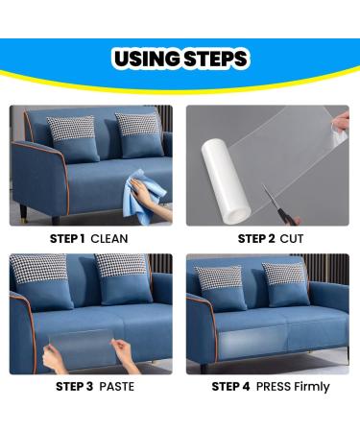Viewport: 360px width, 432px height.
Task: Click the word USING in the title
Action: [x=147, y=59]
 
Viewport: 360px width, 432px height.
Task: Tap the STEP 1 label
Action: [x=67, y=239]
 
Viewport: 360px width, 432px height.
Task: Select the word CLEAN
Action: [x=109, y=239]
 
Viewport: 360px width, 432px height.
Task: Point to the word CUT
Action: [x=292, y=239]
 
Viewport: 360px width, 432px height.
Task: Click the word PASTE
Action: [x=116, y=387]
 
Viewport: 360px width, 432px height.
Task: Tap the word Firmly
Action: [x=311, y=387]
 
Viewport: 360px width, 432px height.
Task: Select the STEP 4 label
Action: [x=230, y=387]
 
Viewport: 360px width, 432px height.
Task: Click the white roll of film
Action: [x=226, y=180]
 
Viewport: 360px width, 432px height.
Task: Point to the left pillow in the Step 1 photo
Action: [x=73, y=138]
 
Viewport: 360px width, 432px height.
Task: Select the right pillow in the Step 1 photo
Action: [x=139, y=135]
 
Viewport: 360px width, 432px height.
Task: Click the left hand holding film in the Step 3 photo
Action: [x=55, y=358]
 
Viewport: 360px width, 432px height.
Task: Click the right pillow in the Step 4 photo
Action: [x=285, y=284]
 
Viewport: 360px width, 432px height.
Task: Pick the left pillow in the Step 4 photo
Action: [x=220, y=289]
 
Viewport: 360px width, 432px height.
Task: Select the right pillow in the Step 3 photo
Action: [x=124, y=279]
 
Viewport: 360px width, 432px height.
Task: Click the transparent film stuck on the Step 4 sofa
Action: [x=252, y=341]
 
